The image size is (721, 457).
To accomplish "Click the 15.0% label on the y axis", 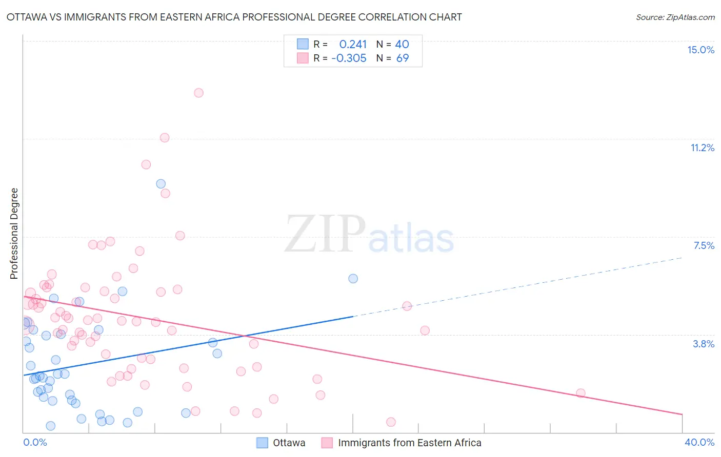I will pos(700,50).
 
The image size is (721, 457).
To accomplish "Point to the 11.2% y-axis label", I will pos(702,148).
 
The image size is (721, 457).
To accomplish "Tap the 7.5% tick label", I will pos(704,245).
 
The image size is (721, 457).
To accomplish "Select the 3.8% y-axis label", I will pos(704,344).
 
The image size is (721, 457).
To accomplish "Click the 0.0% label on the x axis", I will pos(35,442).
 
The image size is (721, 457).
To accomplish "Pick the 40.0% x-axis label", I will pos(699,442).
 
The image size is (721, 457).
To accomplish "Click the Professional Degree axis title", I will pos(14,234).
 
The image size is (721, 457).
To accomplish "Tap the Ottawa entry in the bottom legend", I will pos(289,443).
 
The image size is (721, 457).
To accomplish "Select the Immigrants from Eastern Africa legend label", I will pos(409,443).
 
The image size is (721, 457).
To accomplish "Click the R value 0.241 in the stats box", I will pos(353,45).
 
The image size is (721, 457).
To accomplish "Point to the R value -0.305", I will pos(349,58).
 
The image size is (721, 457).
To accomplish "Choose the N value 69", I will pos(403,58).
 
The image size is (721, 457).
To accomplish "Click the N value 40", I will pos(402,45).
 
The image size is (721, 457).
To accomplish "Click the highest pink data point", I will pos(198,93).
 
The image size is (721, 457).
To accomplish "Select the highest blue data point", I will pos(161,184).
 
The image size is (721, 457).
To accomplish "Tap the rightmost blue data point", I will pos(353,279).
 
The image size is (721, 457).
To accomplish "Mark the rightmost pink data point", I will pos(580,393).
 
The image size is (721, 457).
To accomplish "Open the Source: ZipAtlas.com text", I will pos(675,17).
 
